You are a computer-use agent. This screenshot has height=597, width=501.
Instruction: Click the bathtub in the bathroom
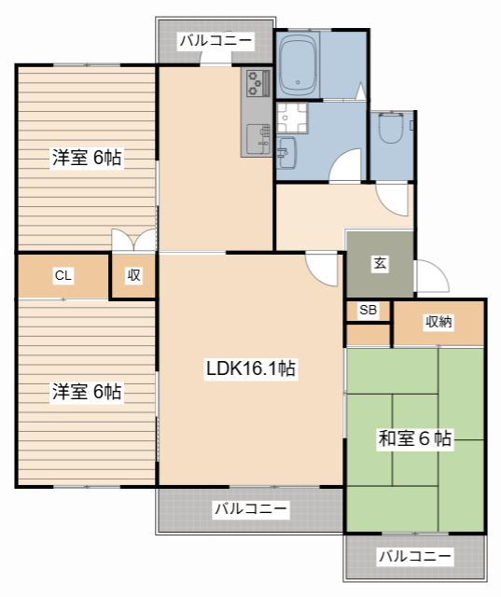[x=299, y=64]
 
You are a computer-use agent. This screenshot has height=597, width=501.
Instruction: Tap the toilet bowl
[x=392, y=127]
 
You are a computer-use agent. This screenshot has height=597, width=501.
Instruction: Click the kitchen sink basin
[x=258, y=139]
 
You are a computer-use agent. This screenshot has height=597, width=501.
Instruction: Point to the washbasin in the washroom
[x=286, y=153]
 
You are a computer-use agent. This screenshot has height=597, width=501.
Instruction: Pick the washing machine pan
[x=292, y=118]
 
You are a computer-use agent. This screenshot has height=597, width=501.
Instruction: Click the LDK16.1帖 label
[x=250, y=368]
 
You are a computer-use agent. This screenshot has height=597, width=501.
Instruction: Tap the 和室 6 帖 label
[x=414, y=437]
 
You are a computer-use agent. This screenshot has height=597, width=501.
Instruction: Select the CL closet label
[x=63, y=275]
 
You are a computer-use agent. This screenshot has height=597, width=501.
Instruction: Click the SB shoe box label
[x=368, y=310]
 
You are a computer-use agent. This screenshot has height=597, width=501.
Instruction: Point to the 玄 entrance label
[x=380, y=263]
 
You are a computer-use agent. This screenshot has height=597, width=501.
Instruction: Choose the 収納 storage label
[x=438, y=322]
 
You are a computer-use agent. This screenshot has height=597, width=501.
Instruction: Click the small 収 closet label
[x=133, y=274]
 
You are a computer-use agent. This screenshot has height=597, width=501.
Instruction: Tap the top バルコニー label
[x=216, y=40]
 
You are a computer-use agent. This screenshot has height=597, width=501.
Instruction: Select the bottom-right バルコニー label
[x=415, y=556]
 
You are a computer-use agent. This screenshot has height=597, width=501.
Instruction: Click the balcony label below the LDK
[x=250, y=508]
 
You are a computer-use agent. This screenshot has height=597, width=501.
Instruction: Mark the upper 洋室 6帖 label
[x=87, y=158]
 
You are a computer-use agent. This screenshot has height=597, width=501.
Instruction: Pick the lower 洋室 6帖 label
[x=87, y=392]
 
